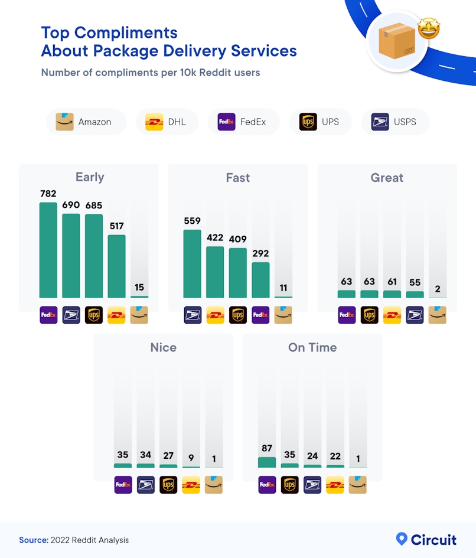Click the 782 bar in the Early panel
coord(48,250)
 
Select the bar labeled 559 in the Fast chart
coord(192,263)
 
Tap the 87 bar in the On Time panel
coord(267,462)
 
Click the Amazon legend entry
coord(86,122)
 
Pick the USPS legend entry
coord(395,122)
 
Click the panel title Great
coord(387,178)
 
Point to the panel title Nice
coord(163,347)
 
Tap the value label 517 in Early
coord(117,226)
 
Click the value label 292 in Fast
coord(260,253)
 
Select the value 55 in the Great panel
coord(415,282)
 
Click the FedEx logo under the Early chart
coord(48,315)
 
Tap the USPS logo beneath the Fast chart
coord(192,315)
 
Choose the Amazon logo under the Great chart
coord(438,315)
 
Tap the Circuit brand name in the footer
coord(433,540)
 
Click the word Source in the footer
coord(33,540)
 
